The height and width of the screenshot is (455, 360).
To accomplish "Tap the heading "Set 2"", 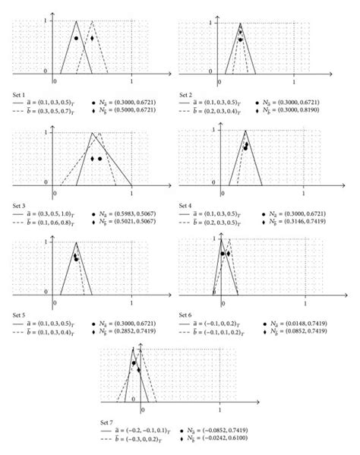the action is (186, 93).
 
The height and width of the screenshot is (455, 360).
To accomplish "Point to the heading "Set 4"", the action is (186, 205).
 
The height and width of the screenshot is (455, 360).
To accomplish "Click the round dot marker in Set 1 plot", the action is (76, 38).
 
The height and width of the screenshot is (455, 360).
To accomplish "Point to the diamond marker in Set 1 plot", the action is (92, 38).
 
